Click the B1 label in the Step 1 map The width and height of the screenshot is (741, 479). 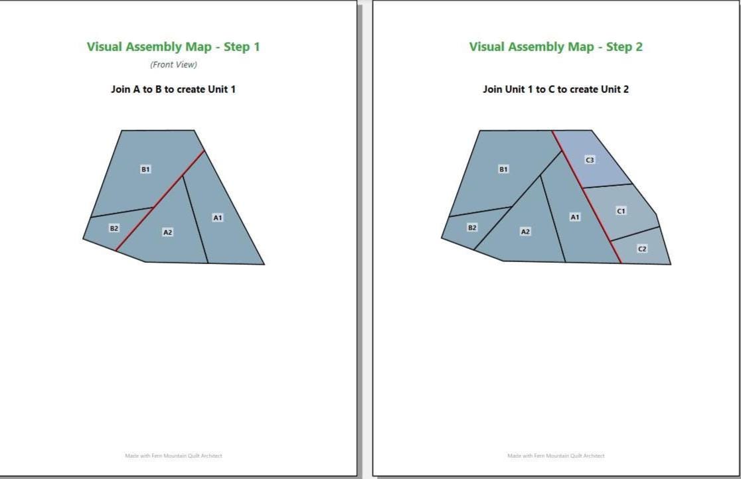(x=145, y=169)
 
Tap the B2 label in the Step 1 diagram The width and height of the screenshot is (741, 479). (x=114, y=228)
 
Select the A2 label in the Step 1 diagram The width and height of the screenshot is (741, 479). (x=168, y=232)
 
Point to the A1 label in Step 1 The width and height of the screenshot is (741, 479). (x=217, y=218)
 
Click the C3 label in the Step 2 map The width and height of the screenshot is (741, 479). (x=590, y=160)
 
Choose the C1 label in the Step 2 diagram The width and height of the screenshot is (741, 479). (x=621, y=211)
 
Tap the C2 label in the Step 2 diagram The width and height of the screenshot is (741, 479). (x=642, y=249)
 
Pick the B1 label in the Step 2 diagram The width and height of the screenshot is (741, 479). (x=504, y=169)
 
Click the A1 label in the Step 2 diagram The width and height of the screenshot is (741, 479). (x=574, y=217)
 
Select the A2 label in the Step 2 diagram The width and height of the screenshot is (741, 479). (x=525, y=232)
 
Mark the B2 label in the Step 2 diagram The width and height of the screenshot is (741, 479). (x=472, y=228)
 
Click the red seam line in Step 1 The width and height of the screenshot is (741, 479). (x=160, y=201)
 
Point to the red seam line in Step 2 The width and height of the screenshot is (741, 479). (x=586, y=197)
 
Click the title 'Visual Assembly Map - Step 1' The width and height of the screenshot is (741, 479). (x=173, y=46)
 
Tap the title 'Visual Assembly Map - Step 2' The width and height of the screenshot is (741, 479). (x=556, y=46)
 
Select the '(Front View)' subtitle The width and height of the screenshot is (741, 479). (x=173, y=65)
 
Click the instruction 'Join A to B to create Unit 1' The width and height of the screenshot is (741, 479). (x=173, y=90)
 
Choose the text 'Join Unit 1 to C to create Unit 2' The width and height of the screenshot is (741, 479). (x=556, y=90)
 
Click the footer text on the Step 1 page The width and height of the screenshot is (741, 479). (x=173, y=456)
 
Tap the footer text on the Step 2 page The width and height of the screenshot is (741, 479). (x=556, y=456)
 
